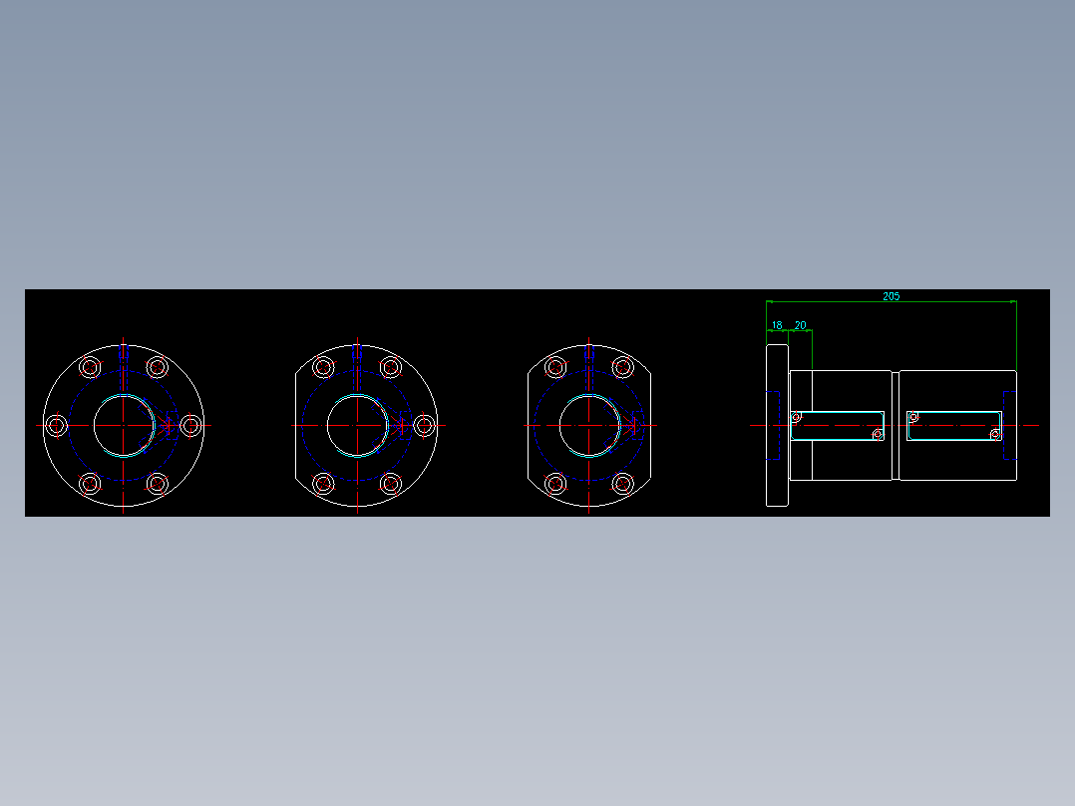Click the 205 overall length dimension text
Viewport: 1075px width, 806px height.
(x=891, y=296)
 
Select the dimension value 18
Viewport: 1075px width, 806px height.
(x=777, y=325)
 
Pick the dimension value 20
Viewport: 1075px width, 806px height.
(x=800, y=325)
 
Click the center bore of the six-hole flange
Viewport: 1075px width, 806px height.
(x=124, y=426)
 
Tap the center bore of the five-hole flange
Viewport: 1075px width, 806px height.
(x=357, y=426)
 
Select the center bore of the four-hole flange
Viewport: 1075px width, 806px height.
(x=588, y=426)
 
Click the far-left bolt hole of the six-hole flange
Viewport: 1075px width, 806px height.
(x=56, y=426)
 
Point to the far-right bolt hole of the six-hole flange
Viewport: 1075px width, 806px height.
(x=190, y=426)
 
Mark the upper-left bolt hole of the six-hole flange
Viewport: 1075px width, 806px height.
(x=90, y=367)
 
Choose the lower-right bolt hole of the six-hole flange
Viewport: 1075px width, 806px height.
(x=158, y=484)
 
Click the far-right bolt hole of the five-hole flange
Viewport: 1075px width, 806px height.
(x=424, y=426)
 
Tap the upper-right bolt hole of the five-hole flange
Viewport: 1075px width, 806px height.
(x=391, y=367)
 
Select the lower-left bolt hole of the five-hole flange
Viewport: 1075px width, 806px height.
(x=323, y=484)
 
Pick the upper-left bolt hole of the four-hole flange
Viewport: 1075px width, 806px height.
(x=554, y=367)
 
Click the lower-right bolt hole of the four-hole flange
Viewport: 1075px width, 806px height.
(x=622, y=484)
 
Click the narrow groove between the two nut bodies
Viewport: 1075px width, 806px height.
(x=896, y=426)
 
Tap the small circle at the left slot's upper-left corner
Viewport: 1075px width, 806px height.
(x=796, y=417)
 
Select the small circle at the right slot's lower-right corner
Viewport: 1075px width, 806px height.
(x=994, y=434)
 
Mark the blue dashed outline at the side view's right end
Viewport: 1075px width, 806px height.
(x=1009, y=426)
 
